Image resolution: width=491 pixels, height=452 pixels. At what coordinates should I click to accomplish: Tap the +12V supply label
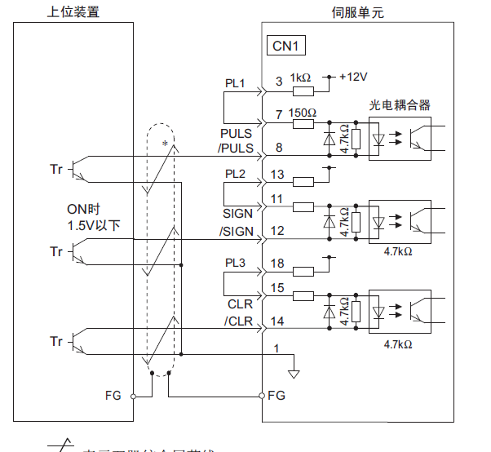point(353,77)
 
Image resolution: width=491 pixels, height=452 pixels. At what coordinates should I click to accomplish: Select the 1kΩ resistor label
point(300,78)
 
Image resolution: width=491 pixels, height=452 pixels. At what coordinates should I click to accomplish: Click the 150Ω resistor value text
point(303,113)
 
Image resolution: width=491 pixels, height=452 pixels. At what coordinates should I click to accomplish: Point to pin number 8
point(279,148)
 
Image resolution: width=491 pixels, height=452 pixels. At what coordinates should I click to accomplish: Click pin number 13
point(277,175)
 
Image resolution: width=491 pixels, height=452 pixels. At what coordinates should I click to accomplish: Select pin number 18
point(277,264)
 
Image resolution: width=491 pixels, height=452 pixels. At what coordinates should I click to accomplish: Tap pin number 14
point(277,321)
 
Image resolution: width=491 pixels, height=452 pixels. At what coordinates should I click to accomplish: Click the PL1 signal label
point(235,83)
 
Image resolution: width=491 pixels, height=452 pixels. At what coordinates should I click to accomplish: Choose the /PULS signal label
point(236,148)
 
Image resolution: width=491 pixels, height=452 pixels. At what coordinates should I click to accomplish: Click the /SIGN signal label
point(237,231)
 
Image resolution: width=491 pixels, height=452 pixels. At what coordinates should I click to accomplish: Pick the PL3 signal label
point(235,264)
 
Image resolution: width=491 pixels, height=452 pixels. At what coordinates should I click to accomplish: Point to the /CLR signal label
point(239,321)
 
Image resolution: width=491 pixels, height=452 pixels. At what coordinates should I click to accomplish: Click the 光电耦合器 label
point(400,105)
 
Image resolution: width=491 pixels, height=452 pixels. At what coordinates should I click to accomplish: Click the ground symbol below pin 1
point(294,374)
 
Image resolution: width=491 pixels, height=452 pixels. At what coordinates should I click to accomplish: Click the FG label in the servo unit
point(277,396)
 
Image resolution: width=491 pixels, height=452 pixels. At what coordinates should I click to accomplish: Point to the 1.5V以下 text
point(94,224)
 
